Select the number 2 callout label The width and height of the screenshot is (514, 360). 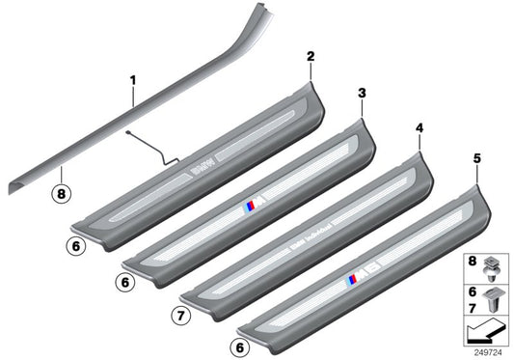tap(311, 58)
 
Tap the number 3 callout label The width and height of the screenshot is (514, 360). tap(361, 93)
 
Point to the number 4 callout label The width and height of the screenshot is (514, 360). tap(419, 127)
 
